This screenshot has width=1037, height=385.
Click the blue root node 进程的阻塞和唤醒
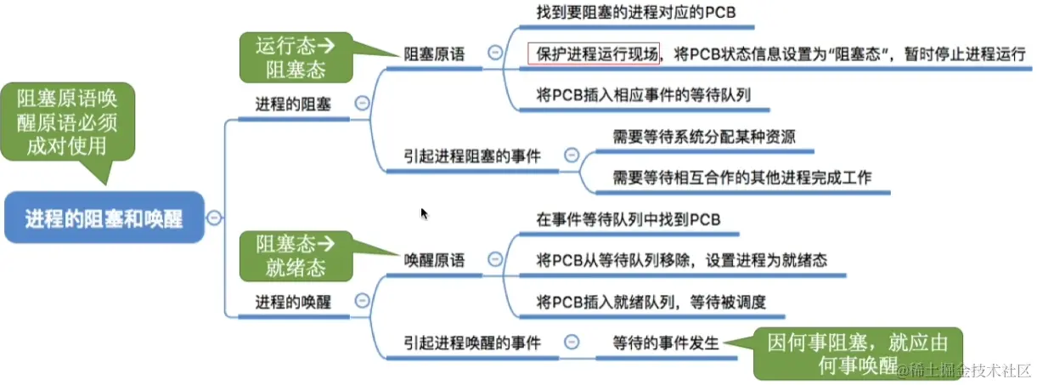[x=104, y=218]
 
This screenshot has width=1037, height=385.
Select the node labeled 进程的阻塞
[x=293, y=104]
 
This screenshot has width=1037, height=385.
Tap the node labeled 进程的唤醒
[x=293, y=301]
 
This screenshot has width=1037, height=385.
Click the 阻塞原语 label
[x=434, y=54]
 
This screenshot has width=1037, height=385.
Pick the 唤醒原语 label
[x=434, y=261]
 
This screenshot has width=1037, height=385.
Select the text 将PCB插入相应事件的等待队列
[x=643, y=94]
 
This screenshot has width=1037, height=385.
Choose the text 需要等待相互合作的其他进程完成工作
[x=741, y=178]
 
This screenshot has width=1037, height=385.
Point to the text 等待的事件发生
[x=666, y=343]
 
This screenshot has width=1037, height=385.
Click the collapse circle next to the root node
[x=215, y=218]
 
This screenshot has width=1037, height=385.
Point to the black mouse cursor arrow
[x=424, y=213]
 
